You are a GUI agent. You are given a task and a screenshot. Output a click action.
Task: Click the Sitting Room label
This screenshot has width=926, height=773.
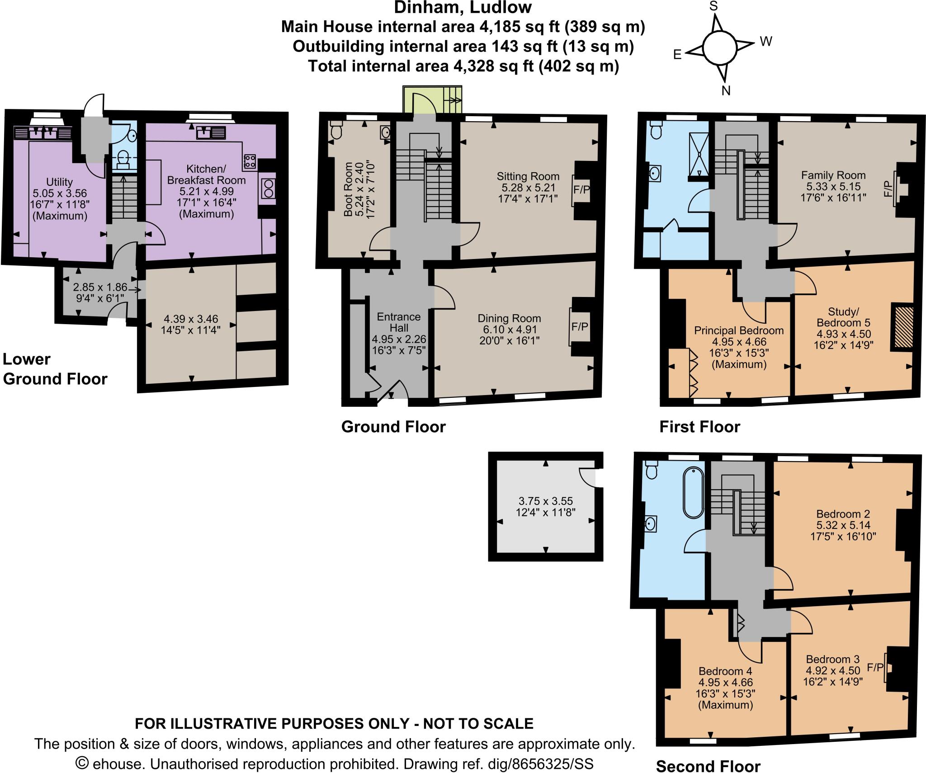coord(528,176)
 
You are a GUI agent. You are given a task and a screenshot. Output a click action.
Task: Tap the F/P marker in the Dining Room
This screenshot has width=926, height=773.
coord(580,326)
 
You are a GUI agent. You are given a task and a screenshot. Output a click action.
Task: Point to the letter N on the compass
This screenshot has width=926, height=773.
coord(726,91)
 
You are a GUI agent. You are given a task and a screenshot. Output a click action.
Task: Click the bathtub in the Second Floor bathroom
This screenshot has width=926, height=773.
coord(693,493)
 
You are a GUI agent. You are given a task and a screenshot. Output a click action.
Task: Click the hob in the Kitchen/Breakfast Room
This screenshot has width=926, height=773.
coord(250,160)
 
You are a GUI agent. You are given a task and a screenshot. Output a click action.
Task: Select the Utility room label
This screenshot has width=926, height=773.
coord(59,182)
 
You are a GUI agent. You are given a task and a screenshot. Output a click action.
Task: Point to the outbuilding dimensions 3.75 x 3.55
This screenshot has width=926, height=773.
coord(545,501)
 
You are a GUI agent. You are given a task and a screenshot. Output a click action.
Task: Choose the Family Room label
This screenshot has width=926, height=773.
coord(833,175)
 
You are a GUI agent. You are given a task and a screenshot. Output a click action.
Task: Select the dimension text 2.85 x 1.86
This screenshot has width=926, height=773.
coord(100,288)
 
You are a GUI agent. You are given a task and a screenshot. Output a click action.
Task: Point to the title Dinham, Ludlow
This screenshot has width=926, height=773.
coord(463,8)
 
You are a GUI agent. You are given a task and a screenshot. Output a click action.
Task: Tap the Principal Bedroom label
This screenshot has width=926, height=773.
coord(739,330)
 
